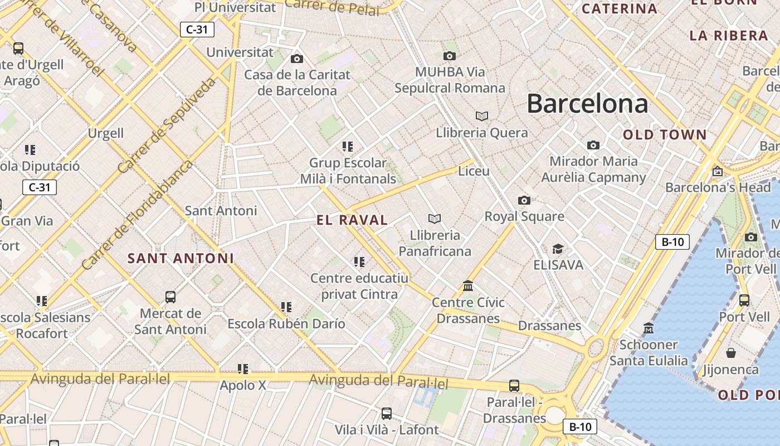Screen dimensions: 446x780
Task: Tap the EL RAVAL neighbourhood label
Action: [352, 220]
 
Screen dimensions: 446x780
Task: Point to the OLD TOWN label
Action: [665, 135]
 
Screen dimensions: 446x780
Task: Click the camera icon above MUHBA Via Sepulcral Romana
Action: [450, 56]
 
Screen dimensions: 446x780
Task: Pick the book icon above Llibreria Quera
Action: [482, 116]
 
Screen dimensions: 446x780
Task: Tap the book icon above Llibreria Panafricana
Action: [435, 219]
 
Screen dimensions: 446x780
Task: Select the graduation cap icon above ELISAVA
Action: [558, 249]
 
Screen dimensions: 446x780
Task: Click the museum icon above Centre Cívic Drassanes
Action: [468, 286]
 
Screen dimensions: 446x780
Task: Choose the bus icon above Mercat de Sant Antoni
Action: [170, 297]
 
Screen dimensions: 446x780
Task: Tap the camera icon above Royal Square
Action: [524, 200]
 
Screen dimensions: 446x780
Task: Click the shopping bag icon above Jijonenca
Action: [731, 353]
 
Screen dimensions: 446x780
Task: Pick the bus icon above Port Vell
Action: [744, 300]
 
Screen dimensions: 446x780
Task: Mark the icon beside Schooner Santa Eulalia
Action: [649, 328]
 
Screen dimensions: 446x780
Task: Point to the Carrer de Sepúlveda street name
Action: [167, 125]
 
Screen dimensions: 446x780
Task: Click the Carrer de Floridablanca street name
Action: [137, 215]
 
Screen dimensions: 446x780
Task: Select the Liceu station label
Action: [474, 171]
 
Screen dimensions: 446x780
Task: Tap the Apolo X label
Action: [243, 385]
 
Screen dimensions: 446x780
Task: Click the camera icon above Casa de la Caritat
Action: [297, 59]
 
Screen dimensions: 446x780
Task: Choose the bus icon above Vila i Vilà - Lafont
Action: [387, 414]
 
